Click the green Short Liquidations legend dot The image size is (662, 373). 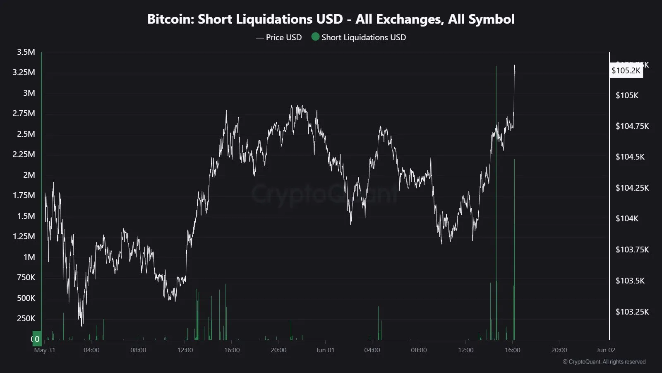pyautogui.click(x=315, y=37)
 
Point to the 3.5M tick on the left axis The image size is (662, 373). pyautogui.click(x=26, y=52)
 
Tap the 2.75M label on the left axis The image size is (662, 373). pyautogui.click(x=24, y=114)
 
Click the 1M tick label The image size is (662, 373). pyautogui.click(x=29, y=257)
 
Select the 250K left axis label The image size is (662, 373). pyautogui.click(x=26, y=319)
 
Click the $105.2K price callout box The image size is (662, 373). pyautogui.click(x=626, y=70)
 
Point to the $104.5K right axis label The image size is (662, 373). pyautogui.click(x=630, y=157)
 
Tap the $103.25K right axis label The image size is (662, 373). pyautogui.click(x=632, y=312)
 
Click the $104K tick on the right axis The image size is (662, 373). pyautogui.click(x=627, y=218)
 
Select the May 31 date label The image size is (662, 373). pyautogui.click(x=45, y=350)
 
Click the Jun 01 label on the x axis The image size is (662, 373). pyautogui.click(x=325, y=350)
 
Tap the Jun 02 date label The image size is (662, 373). pyautogui.click(x=606, y=350)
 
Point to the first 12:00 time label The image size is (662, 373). pyautogui.click(x=185, y=350)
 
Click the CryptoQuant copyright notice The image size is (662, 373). pyautogui.click(x=604, y=362)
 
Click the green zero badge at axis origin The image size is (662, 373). pyautogui.click(x=37, y=339)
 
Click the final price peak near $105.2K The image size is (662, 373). pyautogui.click(x=514, y=65)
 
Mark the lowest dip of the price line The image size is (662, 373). pyautogui.click(x=82, y=325)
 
